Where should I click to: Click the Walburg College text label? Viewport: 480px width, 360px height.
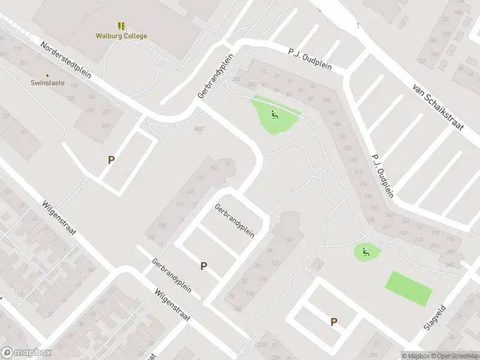pos(121,35)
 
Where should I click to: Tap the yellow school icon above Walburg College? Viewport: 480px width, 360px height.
pos(121,26)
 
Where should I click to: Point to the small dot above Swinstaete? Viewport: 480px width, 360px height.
pos(44,76)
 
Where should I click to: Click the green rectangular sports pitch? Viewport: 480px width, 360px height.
pos(408,287)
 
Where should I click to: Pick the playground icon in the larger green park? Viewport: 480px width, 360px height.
pos(274,115)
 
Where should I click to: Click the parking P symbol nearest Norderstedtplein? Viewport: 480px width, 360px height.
pos(111,160)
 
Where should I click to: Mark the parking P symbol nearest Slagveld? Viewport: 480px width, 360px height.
pos(334,322)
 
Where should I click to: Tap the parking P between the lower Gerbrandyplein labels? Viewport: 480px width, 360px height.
pos(203,266)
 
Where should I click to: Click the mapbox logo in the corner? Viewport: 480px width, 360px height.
pos(24,353)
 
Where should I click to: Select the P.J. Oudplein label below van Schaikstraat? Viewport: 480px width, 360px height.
pos(382,174)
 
